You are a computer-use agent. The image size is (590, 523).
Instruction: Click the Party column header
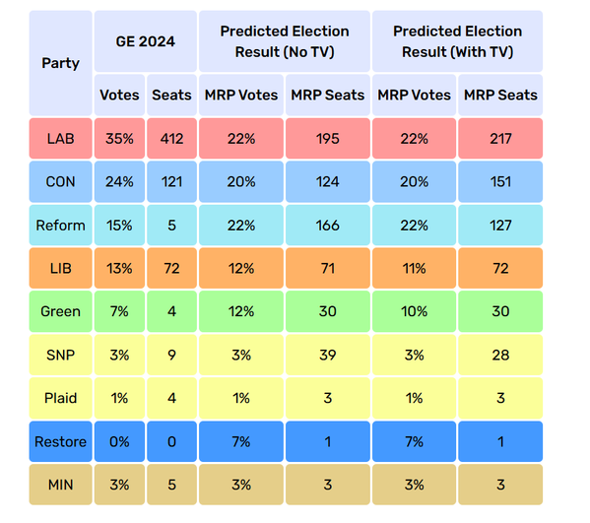pos(61,63)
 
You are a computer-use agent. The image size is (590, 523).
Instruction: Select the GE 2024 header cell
pos(145,41)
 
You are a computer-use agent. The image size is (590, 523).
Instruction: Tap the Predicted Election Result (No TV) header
pos(285,41)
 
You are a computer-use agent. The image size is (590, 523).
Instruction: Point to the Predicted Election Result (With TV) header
pos(458,41)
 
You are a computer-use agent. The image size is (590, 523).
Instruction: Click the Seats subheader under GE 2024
pos(171,95)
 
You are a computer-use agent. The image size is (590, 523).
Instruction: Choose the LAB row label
pos(61,139)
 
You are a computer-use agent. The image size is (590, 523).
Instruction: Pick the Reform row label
pos(61,225)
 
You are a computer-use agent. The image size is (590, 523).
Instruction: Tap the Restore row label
pos(61,441)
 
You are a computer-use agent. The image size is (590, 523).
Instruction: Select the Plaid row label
pos(61,398)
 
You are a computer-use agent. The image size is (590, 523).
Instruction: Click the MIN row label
pos(61,485)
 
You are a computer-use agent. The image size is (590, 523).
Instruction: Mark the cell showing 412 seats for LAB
pos(171,139)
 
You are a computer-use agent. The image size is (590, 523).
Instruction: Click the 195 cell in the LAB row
pos(328,139)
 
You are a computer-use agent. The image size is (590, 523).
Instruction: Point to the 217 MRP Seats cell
pos(500,139)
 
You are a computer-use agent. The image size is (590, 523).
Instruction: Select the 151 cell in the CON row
pos(500,182)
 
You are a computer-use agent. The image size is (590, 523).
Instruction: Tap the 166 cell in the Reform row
pos(328,225)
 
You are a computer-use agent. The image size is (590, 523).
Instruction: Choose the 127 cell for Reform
pos(500,225)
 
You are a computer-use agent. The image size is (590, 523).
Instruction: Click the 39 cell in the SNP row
pos(328,355)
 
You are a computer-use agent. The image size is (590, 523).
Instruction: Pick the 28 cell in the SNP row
pos(500,355)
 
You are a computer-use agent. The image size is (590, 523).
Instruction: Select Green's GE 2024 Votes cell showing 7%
pos(119,311)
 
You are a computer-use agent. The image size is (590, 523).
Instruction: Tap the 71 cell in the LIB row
pos(328,268)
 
